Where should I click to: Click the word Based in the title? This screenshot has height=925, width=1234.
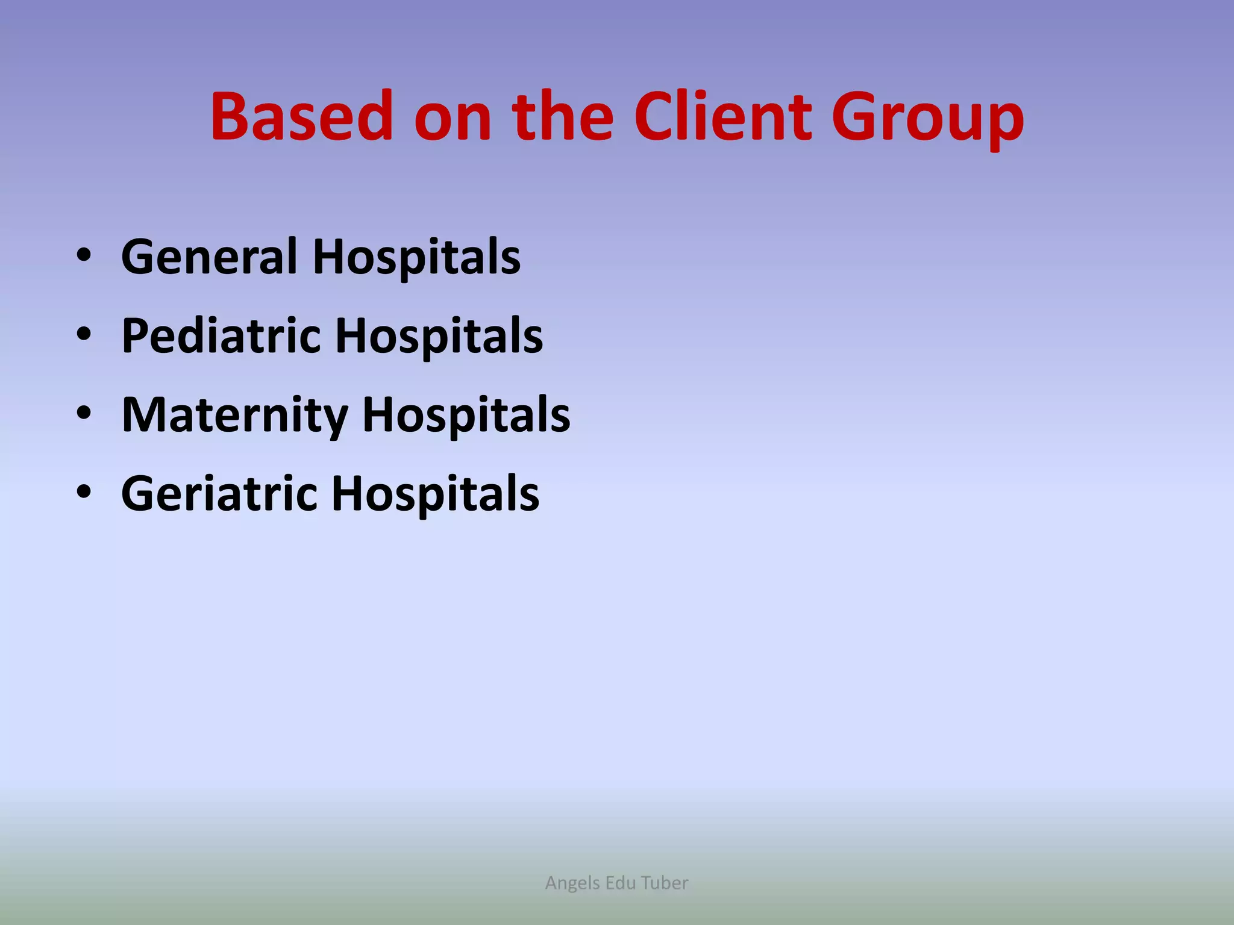coord(301,116)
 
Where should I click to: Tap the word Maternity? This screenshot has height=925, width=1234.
coord(234,416)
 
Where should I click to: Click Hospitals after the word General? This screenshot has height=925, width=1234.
coord(416,258)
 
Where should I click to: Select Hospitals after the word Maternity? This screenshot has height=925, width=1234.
coord(466,416)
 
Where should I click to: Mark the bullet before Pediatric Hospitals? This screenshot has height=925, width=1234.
coord(84,335)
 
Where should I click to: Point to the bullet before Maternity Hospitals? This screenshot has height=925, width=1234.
coord(84,414)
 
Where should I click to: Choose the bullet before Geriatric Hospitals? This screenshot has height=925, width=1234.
coord(84,493)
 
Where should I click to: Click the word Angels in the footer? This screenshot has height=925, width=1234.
coord(572,883)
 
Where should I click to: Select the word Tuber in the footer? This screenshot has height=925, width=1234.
coord(664,883)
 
